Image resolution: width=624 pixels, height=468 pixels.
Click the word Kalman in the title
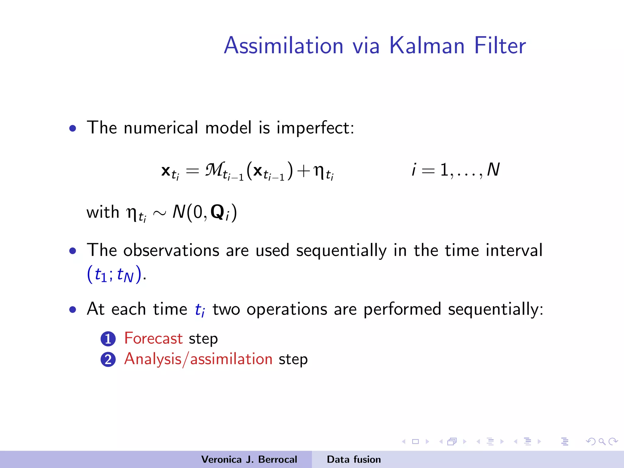click(x=427, y=46)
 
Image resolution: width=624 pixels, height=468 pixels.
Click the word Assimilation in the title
click(x=284, y=46)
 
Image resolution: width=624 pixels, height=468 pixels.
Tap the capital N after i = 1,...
click(x=493, y=170)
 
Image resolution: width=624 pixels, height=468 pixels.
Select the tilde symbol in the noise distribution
click(x=160, y=213)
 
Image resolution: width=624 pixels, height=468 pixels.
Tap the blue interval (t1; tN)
click(x=114, y=274)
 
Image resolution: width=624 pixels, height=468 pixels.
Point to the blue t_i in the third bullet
click(x=200, y=310)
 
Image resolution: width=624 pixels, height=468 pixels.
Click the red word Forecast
click(x=153, y=339)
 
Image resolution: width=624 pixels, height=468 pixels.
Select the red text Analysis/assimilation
click(x=198, y=359)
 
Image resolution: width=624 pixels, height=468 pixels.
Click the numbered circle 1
click(x=108, y=339)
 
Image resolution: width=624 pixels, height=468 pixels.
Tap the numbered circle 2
click(x=108, y=359)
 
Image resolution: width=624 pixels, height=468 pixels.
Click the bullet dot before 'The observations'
click(x=73, y=251)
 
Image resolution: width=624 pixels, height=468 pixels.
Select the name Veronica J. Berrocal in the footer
click(x=249, y=459)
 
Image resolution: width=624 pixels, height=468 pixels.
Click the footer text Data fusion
click(x=354, y=459)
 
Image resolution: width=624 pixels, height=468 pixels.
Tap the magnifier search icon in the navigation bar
click(x=602, y=441)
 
